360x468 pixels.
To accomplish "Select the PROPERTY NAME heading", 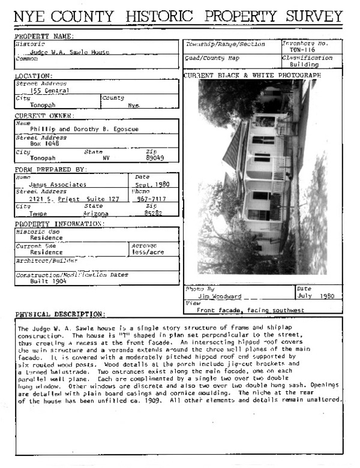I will pyautogui.click(x=44, y=37).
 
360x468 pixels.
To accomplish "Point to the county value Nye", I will pyautogui.click(x=133, y=105).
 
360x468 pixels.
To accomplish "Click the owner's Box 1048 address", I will pyautogui.click(x=45, y=144).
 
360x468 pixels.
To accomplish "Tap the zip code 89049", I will pyautogui.click(x=155, y=158).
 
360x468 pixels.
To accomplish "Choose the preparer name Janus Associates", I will pyautogui.click(x=58, y=185).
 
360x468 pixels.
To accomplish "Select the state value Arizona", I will pyautogui.click(x=96, y=214).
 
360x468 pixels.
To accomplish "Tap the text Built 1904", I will pyautogui.click(x=50, y=281).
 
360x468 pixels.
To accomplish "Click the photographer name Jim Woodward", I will pyautogui.click(x=219, y=296).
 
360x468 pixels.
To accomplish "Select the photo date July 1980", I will pyautogui.click(x=315, y=296).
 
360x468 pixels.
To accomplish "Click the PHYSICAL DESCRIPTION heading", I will pyautogui.click(x=60, y=314).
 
